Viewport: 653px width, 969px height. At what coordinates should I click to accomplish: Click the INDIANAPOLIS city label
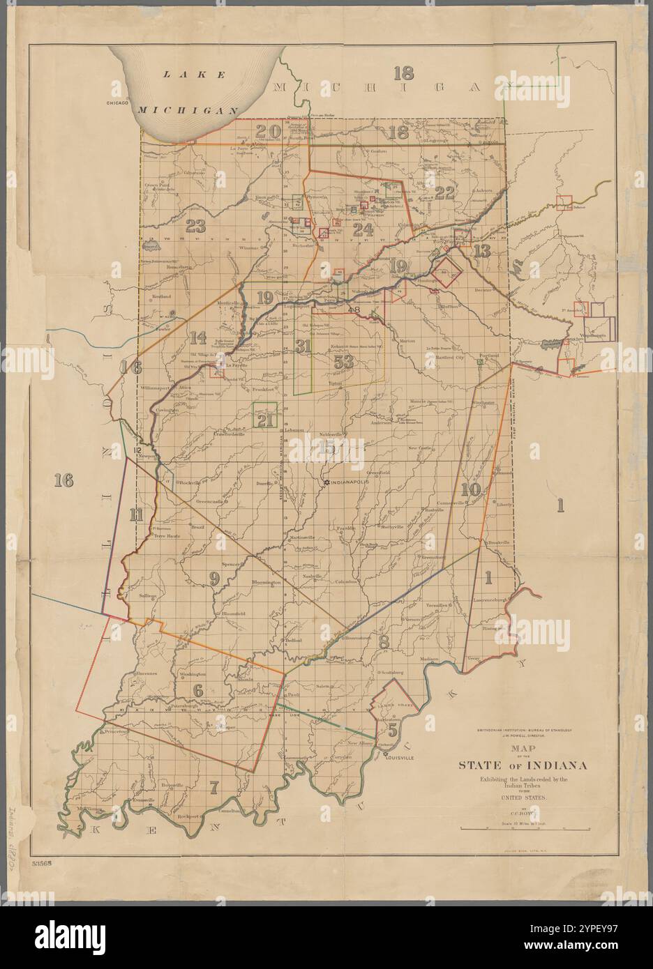click(x=355, y=482)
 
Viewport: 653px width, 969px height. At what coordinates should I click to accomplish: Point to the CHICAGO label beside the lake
click(x=119, y=102)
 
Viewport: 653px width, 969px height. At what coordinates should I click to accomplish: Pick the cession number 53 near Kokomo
click(x=344, y=361)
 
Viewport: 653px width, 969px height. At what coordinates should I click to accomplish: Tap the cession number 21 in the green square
click(x=265, y=420)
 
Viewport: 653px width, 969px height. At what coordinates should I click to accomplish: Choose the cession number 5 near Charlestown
click(x=393, y=731)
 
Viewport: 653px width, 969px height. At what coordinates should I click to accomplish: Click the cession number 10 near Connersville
click(x=471, y=489)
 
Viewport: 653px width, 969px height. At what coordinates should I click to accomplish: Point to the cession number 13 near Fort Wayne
click(x=481, y=251)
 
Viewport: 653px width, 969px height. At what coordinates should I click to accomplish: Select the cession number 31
click(x=302, y=345)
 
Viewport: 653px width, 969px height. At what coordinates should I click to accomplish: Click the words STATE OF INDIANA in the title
click(x=522, y=765)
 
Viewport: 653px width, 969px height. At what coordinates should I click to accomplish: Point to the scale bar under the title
click(x=522, y=828)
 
